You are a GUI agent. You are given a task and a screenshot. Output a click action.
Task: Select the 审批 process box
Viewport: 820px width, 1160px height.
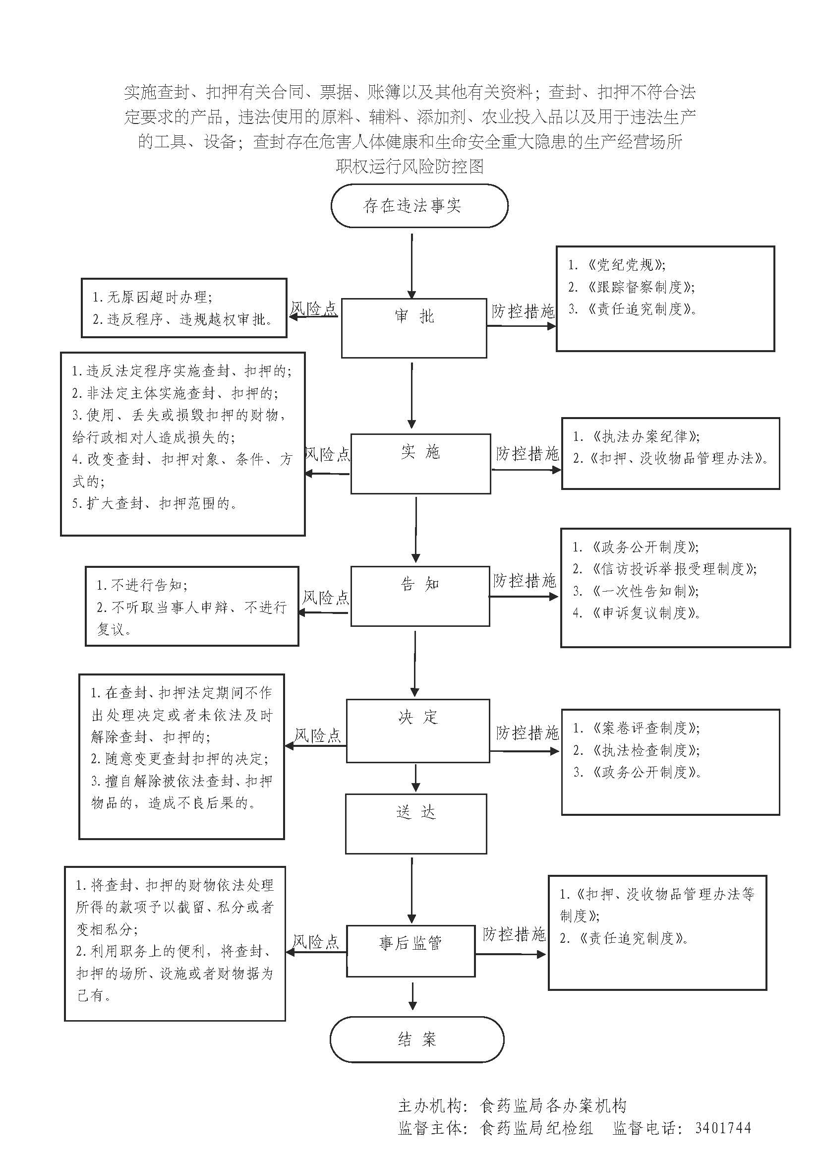click(414, 328)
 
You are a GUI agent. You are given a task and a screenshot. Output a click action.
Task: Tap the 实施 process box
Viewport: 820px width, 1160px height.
click(420, 463)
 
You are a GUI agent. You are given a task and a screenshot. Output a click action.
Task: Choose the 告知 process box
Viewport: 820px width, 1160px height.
click(419, 596)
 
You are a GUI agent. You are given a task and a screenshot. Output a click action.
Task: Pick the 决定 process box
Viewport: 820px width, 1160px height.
click(417, 731)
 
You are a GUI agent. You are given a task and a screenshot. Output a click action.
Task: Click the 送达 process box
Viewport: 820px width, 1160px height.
click(415, 824)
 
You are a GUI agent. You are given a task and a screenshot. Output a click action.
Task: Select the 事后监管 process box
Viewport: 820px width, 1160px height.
click(410, 951)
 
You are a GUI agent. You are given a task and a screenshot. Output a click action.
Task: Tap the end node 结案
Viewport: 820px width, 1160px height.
click(416, 1039)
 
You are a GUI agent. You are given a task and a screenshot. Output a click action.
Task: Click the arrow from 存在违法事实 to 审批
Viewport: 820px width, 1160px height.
click(412, 265)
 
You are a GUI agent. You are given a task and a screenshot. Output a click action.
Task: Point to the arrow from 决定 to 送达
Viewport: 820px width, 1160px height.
click(415, 778)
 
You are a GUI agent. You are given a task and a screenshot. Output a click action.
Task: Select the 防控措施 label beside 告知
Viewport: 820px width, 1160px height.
click(525, 581)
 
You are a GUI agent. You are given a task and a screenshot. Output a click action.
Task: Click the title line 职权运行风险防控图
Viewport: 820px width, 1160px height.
click(410, 166)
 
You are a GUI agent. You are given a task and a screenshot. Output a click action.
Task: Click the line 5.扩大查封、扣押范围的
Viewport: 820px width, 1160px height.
click(155, 503)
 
